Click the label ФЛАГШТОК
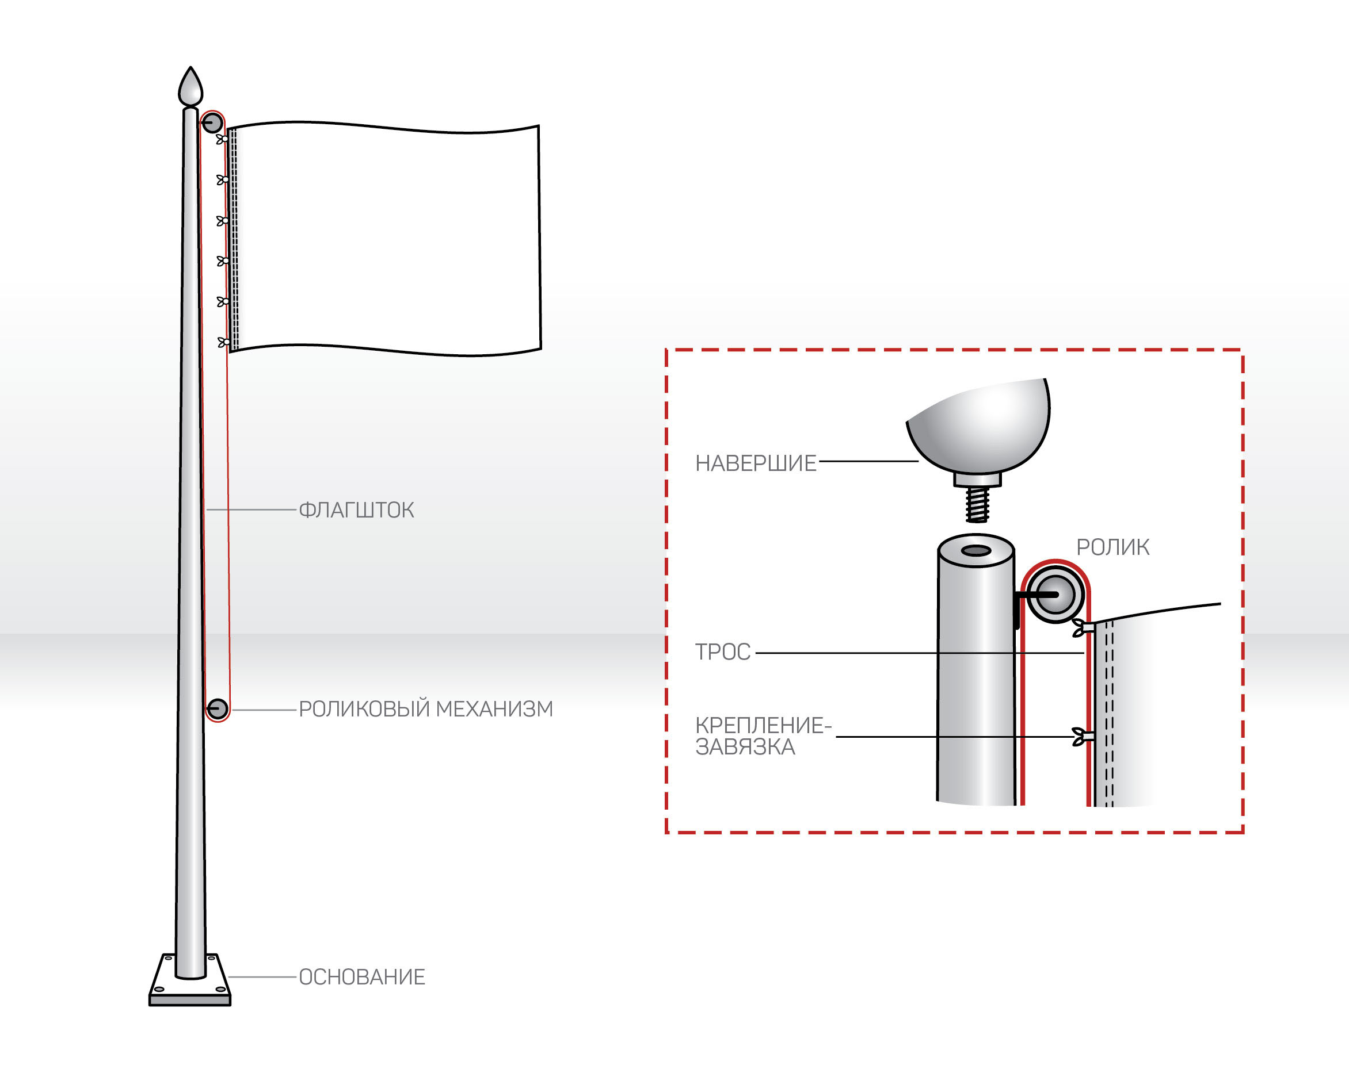coord(356,510)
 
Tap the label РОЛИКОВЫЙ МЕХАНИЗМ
coord(425,709)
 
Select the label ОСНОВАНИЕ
coord(361,977)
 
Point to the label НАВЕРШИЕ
coord(755,463)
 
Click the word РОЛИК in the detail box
coord(1112,547)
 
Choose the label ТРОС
coord(723,652)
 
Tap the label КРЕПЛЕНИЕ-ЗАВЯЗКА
coord(762,736)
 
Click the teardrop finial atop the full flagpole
coord(191,88)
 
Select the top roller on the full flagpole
coord(212,122)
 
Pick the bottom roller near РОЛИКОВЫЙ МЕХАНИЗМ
coord(218,709)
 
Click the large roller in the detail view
coord(1055,595)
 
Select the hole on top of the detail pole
coord(976,551)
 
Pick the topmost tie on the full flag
coord(222,139)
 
